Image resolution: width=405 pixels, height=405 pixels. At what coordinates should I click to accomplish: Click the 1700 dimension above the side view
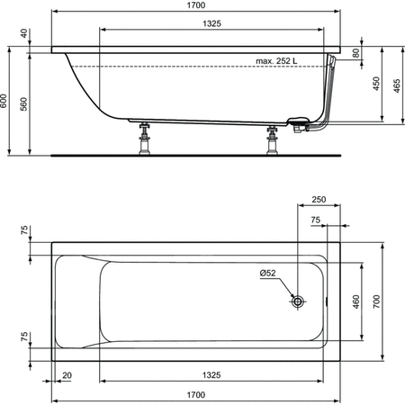tap(196, 5)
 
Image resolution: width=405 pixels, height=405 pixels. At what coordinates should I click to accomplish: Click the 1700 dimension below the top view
tap(196, 395)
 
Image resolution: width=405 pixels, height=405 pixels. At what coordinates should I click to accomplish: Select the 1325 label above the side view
tap(211, 23)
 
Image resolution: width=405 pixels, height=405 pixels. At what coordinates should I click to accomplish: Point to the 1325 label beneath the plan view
tap(211, 375)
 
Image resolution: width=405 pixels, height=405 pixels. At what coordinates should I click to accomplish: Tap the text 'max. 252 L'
tap(276, 61)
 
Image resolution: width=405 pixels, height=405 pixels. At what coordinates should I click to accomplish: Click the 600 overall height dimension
tap(4, 101)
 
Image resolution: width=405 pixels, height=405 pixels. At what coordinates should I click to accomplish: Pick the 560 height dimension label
tap(23, 104)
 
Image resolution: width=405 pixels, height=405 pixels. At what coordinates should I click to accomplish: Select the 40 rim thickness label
tap(24, 33)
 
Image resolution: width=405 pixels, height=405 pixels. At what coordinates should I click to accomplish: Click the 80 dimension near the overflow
tap(355, 53)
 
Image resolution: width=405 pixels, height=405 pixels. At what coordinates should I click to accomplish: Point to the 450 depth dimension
tap(376, 84)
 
